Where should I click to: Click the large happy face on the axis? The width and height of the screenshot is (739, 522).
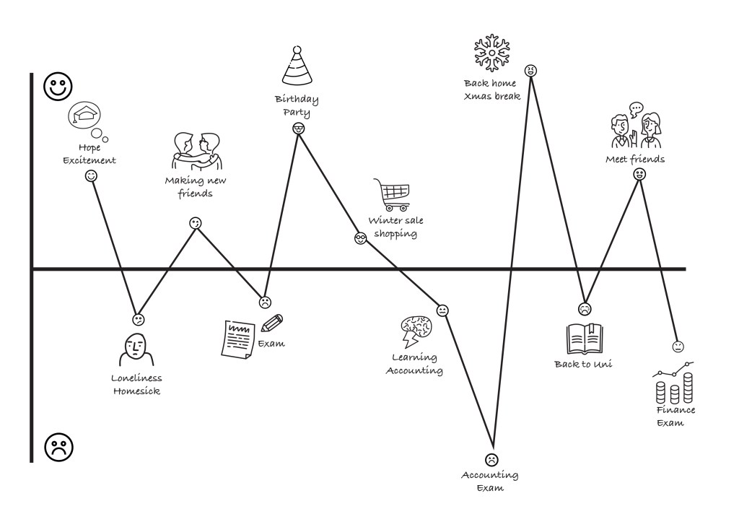click(58, 87)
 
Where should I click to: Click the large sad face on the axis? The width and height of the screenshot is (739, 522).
click(58, 448)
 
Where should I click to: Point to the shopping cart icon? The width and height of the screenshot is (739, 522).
click(392, 194)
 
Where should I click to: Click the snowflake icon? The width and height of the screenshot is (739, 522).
click(491, 53)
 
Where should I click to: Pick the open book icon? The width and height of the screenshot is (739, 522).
click(585, 339)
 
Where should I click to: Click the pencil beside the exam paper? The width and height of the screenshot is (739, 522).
click(272, 323)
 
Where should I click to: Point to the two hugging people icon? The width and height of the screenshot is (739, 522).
click(196, 150)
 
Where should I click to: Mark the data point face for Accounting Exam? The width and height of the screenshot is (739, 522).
click(491, 459)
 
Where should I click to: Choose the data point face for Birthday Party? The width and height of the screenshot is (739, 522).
click(298, 128)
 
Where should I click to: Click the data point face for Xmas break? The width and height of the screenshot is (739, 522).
click(531, 70)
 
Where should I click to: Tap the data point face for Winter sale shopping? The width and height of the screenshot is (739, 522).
click(361, 238)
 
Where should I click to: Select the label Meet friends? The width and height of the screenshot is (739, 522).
click(635, 159)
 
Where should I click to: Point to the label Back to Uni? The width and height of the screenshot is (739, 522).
click(583, 364)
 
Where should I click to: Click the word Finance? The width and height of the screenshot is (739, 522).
click(676, 410)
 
